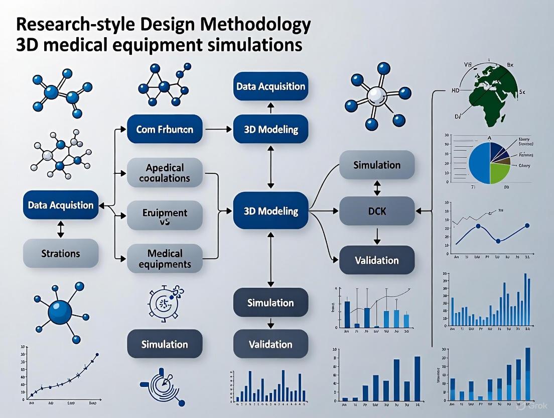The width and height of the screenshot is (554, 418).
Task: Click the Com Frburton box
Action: pos(165,129)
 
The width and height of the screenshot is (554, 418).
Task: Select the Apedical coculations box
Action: pos(165,172)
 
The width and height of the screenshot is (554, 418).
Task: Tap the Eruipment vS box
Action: pos(165,217)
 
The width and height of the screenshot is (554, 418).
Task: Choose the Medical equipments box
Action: pos(165,258)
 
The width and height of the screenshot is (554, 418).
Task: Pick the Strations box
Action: pos(61,253)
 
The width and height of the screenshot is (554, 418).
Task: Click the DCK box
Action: pos(377,211)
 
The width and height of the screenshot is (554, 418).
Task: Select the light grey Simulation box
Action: pos(377,165)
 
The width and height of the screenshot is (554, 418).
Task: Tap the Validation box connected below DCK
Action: pos(377,260)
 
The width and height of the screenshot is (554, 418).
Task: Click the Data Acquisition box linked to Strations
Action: pos(61,204)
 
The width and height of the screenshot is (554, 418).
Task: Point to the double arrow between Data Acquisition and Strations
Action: pos(61,229)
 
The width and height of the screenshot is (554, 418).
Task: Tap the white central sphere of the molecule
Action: pos(375,95)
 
